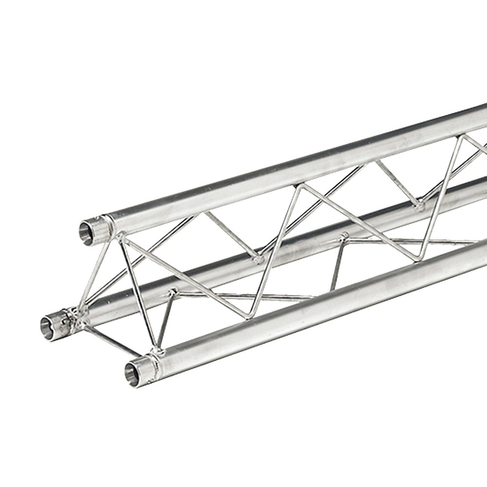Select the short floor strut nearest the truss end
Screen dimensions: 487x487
pos(166,319)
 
